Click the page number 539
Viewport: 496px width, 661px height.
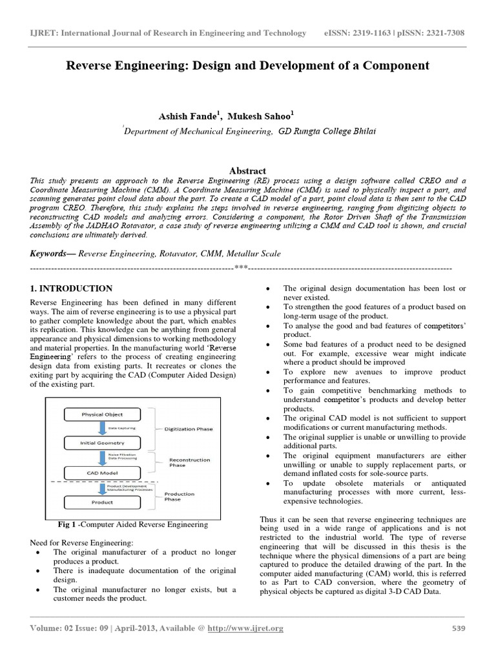tap(457, 629)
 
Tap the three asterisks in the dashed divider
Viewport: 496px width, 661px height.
tap(241, 267)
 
